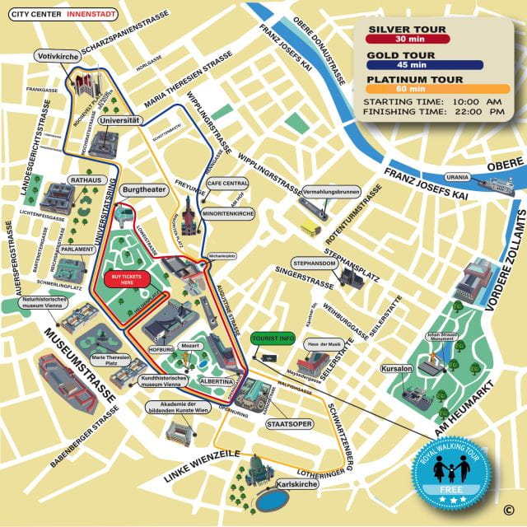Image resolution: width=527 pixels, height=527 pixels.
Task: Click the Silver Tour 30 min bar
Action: click(408, 38)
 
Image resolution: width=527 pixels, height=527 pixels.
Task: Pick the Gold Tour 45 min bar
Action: click(408, 64)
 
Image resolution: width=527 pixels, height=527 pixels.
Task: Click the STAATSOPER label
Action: click(287, 423)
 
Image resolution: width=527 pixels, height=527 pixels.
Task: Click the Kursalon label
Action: click(396, 368)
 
